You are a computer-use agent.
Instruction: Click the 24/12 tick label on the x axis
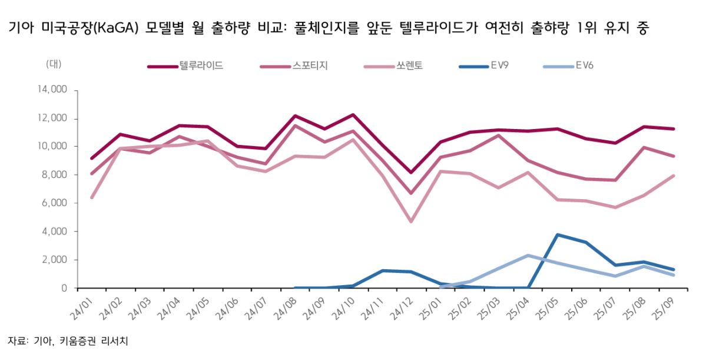[x=406, y=307]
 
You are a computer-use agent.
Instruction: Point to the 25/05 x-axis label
[x=551, y=307]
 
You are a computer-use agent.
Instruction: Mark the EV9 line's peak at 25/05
[x=556, y=235]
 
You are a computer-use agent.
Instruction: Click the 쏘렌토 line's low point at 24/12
[x=410, y=222]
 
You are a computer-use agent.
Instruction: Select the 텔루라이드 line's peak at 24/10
[x=353, y=115]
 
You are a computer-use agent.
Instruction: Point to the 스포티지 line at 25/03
[x=499, y=136]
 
